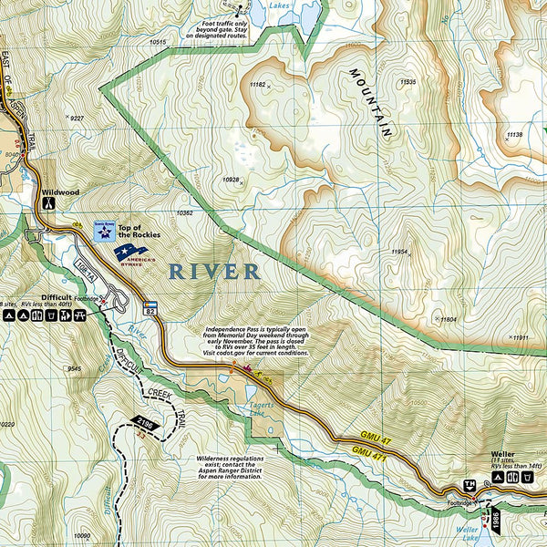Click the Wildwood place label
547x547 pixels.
60,192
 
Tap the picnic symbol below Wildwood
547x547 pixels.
46,206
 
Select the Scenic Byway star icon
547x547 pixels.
104,232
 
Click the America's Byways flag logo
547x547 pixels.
130,252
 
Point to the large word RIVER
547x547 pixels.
213,272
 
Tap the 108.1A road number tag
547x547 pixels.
85,272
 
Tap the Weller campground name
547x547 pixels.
502,454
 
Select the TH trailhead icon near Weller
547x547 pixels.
470,484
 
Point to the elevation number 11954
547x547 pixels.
400,251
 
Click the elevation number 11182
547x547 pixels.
257,85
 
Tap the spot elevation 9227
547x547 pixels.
77,119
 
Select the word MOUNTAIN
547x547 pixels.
371,101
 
